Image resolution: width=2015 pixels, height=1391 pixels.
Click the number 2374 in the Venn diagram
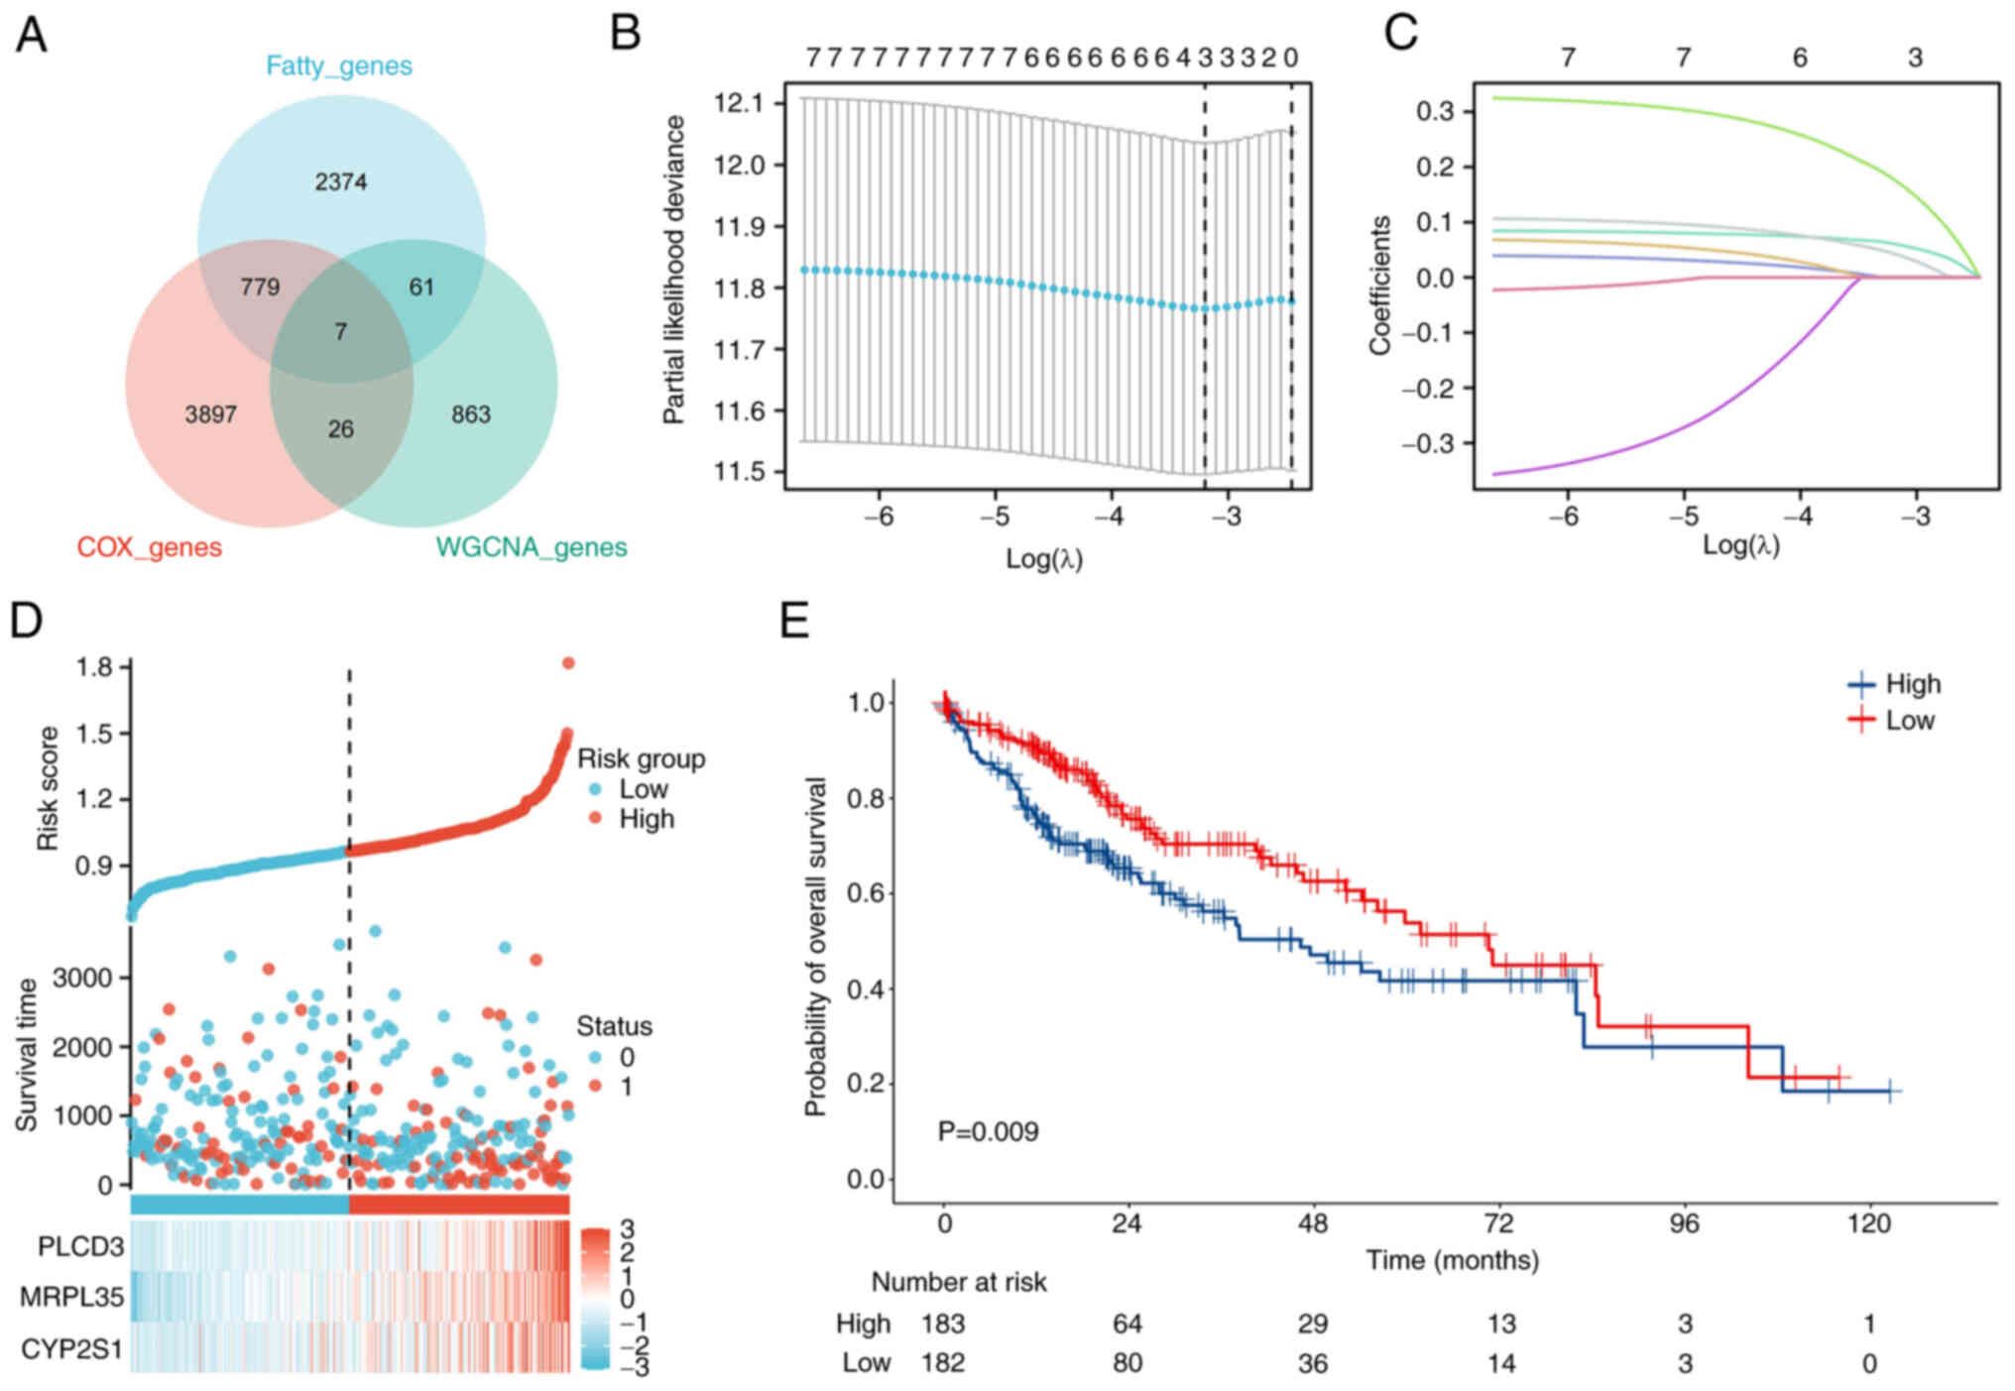340,182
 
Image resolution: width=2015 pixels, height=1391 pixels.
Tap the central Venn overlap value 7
340,332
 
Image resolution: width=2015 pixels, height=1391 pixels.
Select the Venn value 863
470,414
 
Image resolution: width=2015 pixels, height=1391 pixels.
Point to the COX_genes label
149,547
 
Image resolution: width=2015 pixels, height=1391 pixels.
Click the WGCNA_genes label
532,547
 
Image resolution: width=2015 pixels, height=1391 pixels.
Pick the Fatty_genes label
338,66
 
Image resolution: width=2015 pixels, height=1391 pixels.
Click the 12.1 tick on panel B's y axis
739,103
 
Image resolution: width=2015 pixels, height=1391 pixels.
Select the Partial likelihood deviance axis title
674,270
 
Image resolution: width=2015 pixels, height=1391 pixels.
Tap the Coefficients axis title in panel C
1379,286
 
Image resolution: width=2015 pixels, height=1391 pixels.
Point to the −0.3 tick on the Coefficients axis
1427,443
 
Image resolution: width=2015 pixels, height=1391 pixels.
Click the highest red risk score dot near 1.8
568,663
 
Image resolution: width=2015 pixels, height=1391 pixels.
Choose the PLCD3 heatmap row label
80,1246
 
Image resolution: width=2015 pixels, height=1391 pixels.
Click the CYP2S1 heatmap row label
71,1349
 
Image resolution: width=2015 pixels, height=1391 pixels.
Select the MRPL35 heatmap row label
71,1297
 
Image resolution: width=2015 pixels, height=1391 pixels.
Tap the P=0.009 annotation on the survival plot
988,1131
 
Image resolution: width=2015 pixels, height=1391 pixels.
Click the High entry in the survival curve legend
1912,684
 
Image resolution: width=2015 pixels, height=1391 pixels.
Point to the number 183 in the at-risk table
942,1324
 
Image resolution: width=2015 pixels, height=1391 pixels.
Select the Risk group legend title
641,758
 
